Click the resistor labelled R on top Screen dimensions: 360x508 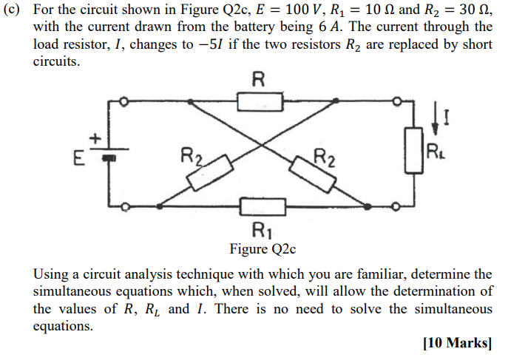[260, 101]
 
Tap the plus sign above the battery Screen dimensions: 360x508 [95, 138]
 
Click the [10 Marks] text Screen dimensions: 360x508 [457, 342]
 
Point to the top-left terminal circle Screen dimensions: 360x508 [125, 101]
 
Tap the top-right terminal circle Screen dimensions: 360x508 [399, 101]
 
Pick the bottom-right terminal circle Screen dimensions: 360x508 [399, 206]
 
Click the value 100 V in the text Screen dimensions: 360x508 [296, 9]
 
